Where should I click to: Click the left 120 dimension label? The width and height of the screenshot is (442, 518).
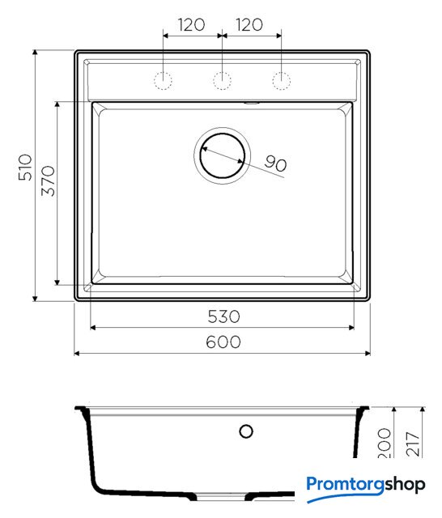191,25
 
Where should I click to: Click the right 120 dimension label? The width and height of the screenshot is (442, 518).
249,25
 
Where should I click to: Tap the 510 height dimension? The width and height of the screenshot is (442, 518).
25,168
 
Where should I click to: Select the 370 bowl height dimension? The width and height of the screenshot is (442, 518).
49,180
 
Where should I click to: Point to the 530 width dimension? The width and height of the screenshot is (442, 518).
223,316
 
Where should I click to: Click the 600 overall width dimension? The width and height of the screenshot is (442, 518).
223,342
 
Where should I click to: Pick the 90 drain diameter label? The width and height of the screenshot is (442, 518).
275,163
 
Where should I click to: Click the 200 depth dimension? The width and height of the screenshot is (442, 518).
385,443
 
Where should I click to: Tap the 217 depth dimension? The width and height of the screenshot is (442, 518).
413,444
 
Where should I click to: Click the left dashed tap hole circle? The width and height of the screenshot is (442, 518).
164,81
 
